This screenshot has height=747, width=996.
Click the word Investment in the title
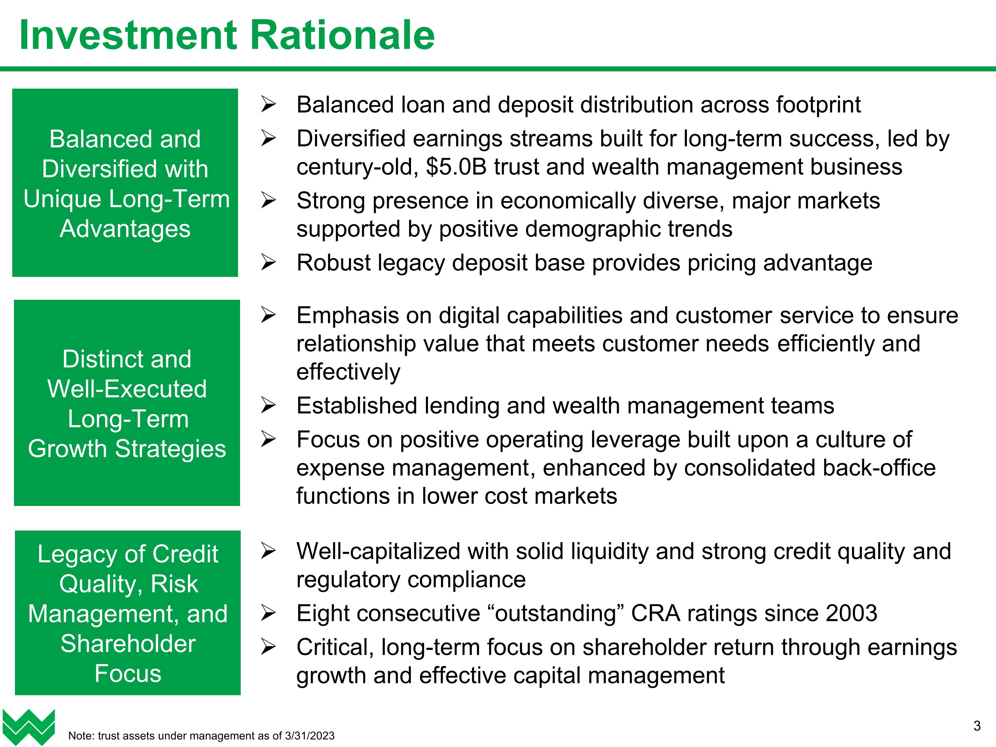pyautogui.click(x=128, y=36)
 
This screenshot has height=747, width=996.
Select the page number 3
pyautogui.click(x=977, y=726)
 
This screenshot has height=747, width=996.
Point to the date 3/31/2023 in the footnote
pyautogui.click(x=310, y=736)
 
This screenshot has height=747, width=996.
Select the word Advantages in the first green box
pyautogui.click(x=125, y=229)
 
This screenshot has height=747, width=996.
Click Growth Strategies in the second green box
pyautogui.click(x=127, y=449)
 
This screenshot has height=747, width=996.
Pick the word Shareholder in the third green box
pyautogui.click(x=128, y=644)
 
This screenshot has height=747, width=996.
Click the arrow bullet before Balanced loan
pyautogui.click(x=268, y=105)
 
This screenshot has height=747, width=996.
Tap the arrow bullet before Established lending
pyautogui.click(x=268, y=406)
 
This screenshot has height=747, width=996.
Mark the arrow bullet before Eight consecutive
pyautogui.click(x=268, y=613)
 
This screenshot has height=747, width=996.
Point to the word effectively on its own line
pyautogui.click(x=348, y=372)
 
